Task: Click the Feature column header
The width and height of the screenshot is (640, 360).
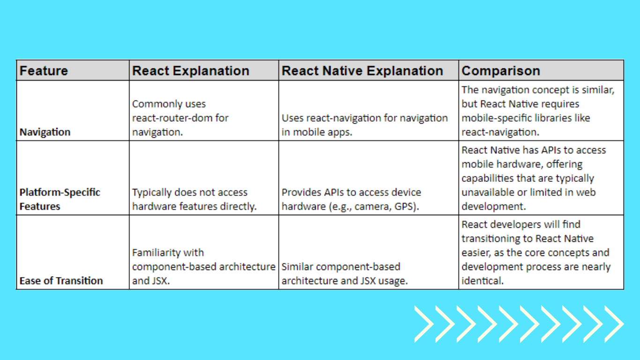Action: click(44, 71)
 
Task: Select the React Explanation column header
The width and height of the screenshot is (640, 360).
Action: click(191, 71)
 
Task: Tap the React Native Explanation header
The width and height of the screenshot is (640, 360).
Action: click(362, 71)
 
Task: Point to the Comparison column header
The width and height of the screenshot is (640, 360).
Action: click(500, 71)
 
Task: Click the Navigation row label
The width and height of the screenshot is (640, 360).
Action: click(45, 132)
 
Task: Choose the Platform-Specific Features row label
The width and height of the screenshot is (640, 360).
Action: click(60, 199)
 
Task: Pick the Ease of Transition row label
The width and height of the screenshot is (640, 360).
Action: click(61, 281)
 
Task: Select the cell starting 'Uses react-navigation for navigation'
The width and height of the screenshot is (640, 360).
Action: click(365, 125)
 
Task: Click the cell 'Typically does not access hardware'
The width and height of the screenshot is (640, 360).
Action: click(194, 199)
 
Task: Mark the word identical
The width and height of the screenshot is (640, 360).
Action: click(481, 281)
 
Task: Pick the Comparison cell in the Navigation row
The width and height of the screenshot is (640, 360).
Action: click(541, 111)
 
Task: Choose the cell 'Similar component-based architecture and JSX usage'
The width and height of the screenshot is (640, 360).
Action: click(344, 274)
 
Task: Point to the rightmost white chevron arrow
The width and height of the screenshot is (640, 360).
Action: click(615, 324)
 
